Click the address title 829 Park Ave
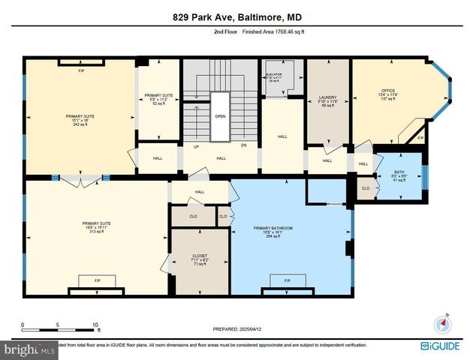click(x=234, y=17)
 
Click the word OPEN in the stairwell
click(x=220, y=116)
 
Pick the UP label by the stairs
click(x=196, y=146)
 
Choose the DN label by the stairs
click(x=244, y=146)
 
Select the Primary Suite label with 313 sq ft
click(x=97, y=223)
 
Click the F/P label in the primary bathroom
click(x=288, y=280)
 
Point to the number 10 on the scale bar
click(x=95, y=325)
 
